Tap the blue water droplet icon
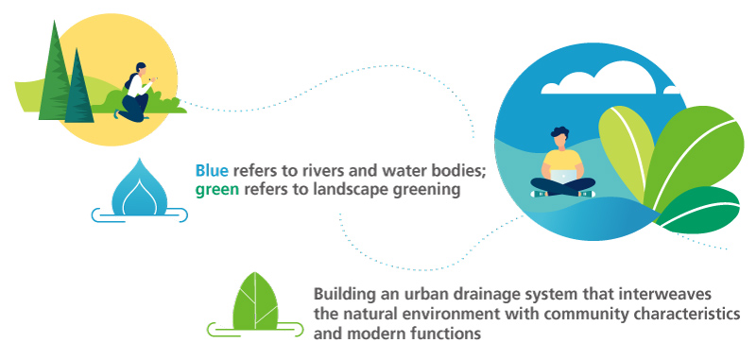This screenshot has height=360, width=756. click(x=139, y=188)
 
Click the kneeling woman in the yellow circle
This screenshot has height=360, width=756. click(x=135, y=94)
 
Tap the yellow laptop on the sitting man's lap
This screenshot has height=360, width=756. click(x=563, y=174)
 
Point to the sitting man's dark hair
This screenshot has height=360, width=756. click(x=559, y=131)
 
